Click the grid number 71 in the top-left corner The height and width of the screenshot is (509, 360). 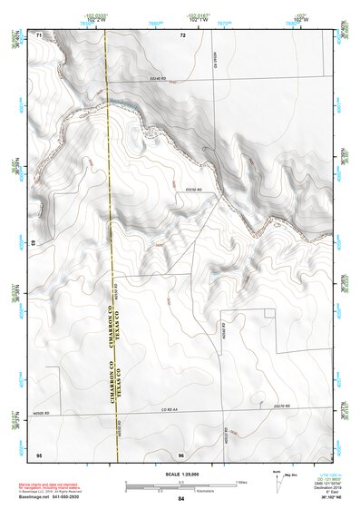click(x=39, y=34)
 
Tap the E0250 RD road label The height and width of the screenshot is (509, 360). click(x=191, y=188)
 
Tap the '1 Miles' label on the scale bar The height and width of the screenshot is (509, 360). click(x=241, y=481)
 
